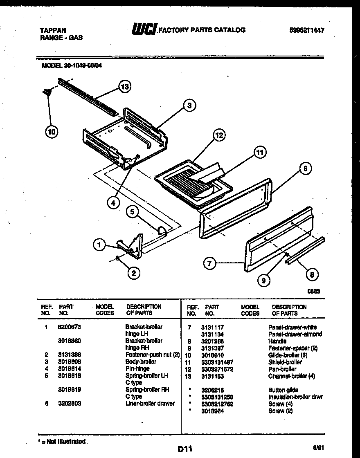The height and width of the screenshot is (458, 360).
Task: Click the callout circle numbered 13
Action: [125, 86]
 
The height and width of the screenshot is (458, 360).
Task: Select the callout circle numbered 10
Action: [52, 131]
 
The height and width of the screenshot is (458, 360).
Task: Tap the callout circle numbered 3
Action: [189, 106]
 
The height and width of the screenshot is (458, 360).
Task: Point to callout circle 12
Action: [220, 135]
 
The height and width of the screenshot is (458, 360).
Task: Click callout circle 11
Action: [259, 153]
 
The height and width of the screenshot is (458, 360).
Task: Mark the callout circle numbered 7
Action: [209, 264]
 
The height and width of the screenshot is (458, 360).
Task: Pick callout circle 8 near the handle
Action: [312, 275]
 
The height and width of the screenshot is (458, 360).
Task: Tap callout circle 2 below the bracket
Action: [133, 273]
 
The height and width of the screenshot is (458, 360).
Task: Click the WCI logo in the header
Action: [144, 29]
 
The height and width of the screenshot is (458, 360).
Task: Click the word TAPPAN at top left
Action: [53, 30]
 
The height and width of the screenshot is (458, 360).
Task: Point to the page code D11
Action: [185, 449]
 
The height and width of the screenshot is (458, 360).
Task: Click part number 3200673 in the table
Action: [70, 327]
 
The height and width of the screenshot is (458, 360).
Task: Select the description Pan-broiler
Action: [282, 369]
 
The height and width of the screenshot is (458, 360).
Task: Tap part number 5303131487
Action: [217, 362]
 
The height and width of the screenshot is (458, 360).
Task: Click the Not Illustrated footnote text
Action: [62, 442]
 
